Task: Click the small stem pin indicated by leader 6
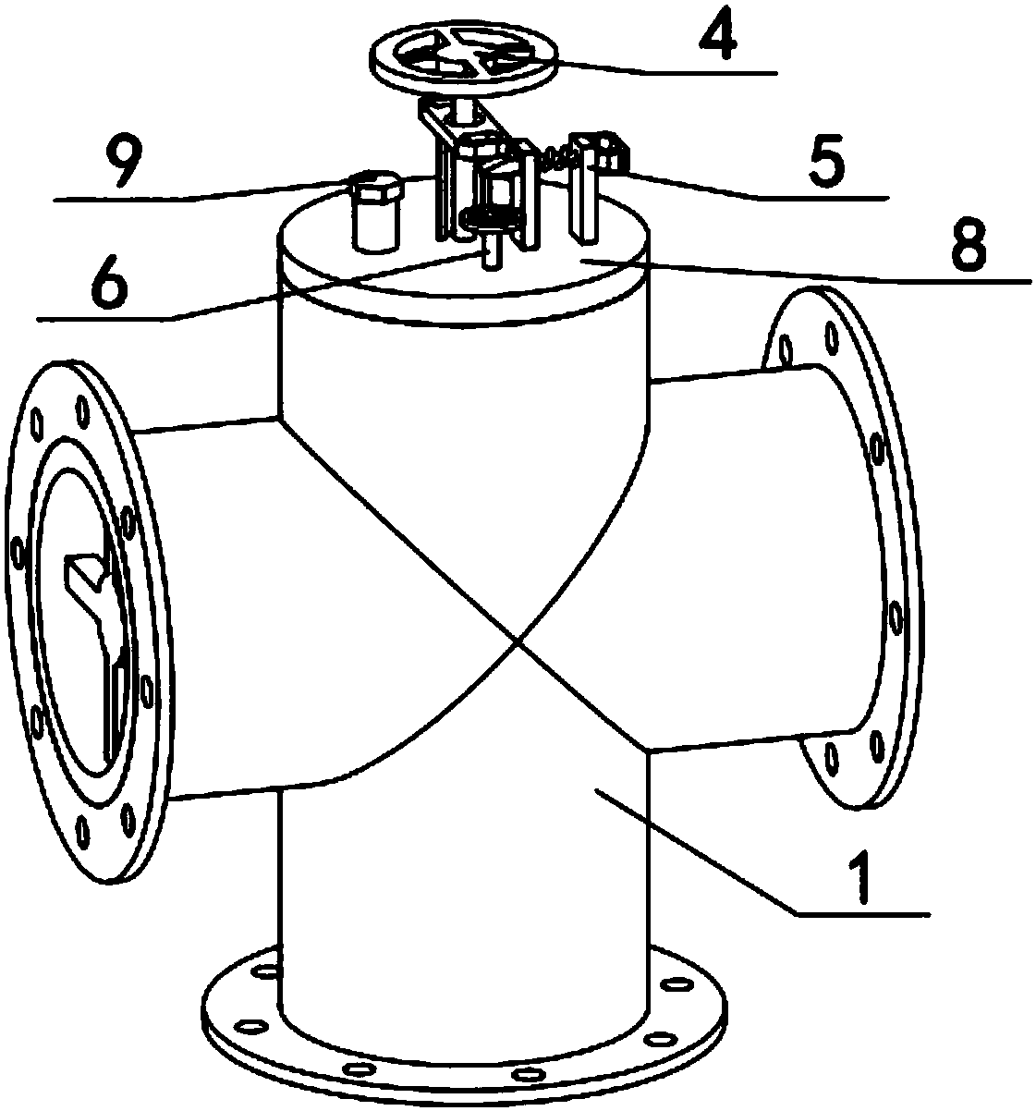point(491,250)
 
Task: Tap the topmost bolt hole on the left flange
point(83,410)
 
